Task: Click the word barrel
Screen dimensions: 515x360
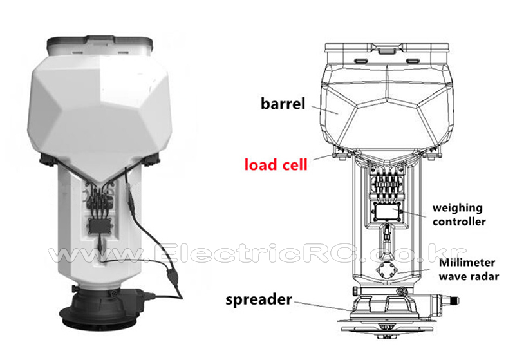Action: coord(283,104)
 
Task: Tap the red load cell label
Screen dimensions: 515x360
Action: coord(276,164)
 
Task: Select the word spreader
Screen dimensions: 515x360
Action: coord(259,300)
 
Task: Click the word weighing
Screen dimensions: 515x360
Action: coord(457,208)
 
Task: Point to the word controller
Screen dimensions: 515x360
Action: coord(459,222)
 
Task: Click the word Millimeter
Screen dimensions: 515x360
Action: coord(467,263)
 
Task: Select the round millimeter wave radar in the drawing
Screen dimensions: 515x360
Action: coord(387,270)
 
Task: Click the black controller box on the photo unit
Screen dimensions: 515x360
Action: coord(100,226)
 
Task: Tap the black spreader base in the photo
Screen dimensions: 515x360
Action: coord(100,309)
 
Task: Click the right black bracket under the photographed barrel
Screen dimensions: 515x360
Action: coord(151,158)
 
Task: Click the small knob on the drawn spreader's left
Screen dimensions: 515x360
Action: coord(355,290)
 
